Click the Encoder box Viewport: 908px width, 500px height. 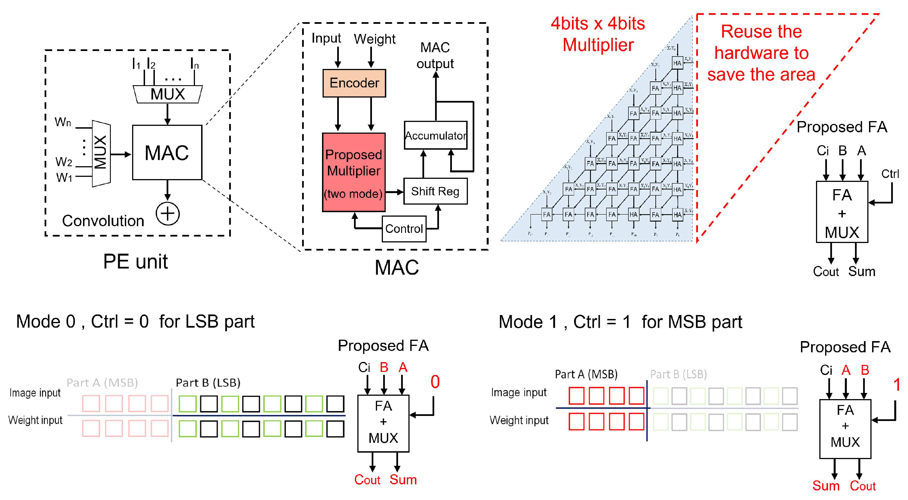click(354, 83)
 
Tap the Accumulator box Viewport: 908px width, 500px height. click(435, 136)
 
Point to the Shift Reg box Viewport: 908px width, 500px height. click(435, 191)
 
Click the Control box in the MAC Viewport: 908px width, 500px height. click(404, 229)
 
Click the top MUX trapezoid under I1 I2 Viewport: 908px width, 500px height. click(167, 94)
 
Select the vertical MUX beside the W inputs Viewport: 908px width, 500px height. click(101, 153)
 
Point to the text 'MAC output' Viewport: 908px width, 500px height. click(435, 55)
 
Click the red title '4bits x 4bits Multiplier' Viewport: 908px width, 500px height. click(598, 34)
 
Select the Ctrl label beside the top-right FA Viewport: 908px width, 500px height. click(890, 174)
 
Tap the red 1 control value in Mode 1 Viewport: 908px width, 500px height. click(897, 385)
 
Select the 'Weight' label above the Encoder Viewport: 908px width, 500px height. click(374, 39)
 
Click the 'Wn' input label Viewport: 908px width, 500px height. click(63, 122)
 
